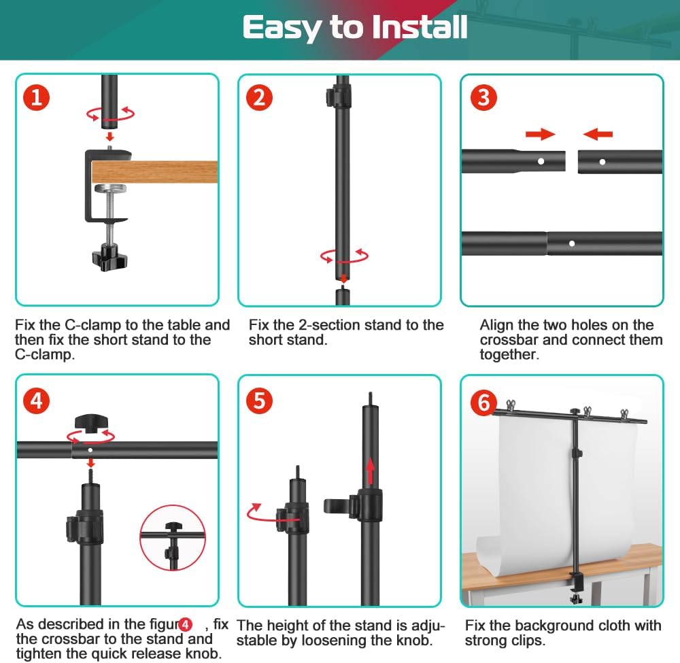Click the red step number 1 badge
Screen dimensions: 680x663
coord(37,97)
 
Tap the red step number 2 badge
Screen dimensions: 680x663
coord(259,97)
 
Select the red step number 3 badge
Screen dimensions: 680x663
coord(483,97)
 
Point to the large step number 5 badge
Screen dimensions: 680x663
coord(259,401)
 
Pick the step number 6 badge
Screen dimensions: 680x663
coord(483,402)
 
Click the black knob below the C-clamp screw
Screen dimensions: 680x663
coord(109,257)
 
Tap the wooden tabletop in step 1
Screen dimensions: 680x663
coord(154,172)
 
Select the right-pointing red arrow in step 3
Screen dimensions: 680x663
coord(541,134)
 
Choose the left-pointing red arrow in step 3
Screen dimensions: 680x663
coord(598,134)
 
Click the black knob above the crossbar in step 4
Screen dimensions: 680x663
coord(91,423)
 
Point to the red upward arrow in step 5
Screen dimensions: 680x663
coord(371,471)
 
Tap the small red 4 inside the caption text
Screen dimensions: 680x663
coord(185,625)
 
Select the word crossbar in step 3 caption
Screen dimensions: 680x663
coord(509,340)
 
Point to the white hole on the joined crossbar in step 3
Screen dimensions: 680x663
coord(572,243)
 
